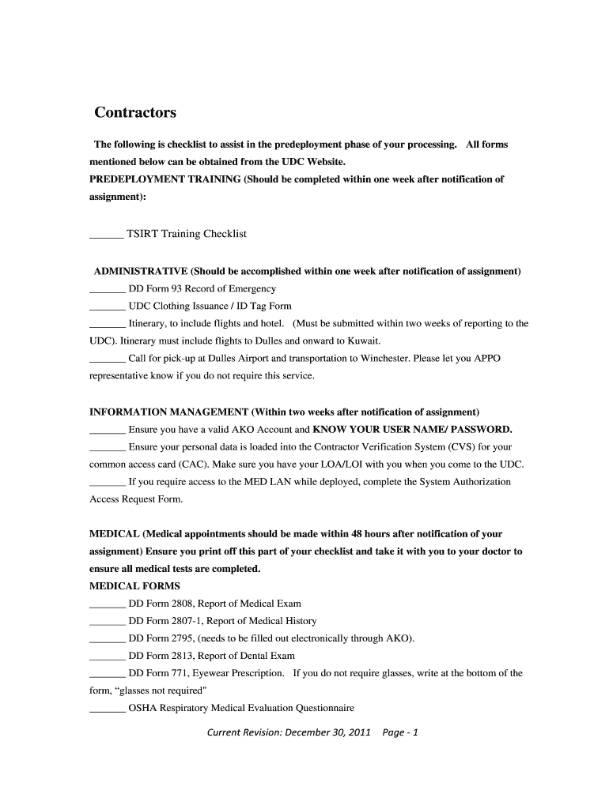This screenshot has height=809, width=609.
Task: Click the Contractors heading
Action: (135, 112)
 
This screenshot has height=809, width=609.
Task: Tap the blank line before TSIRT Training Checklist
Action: (106, 234)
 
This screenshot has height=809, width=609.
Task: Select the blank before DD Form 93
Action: (108, 289)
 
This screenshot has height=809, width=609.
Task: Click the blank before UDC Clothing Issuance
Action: (108, 307)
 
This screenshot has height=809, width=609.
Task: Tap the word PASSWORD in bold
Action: (481, 430)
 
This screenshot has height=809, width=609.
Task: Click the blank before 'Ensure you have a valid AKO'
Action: (108, 431)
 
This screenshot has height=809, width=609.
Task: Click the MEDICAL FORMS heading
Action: (134, 586)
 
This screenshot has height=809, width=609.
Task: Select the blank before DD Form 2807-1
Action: (108, 621)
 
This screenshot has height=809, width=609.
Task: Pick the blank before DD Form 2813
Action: (108, 656)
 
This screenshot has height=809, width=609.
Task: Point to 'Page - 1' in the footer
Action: (400, 732)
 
